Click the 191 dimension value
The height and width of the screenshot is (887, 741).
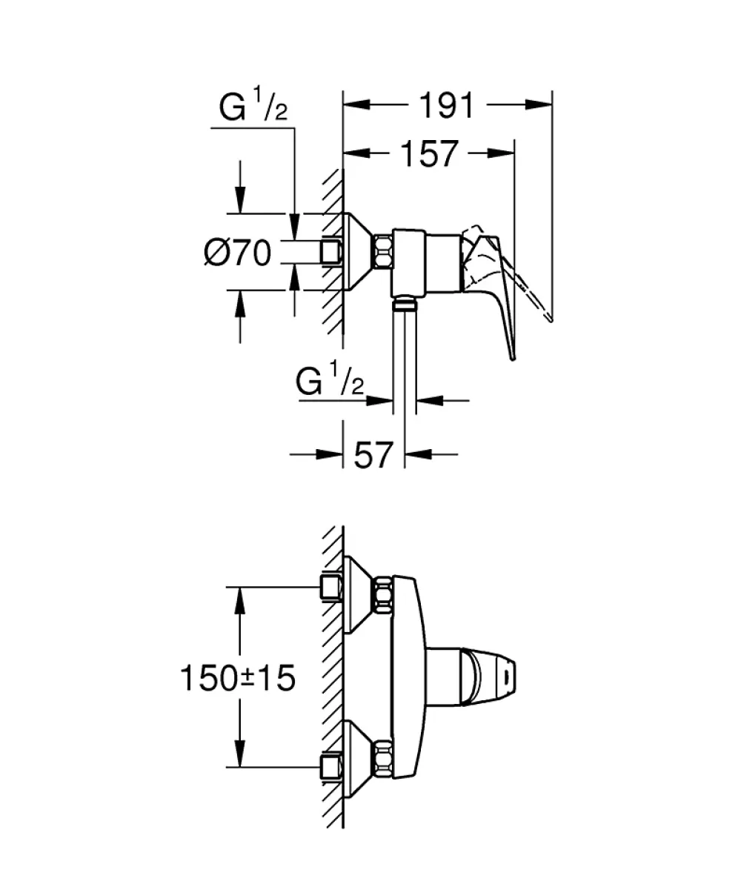446,106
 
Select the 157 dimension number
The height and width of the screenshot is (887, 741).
429,153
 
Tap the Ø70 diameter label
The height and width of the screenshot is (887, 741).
238,252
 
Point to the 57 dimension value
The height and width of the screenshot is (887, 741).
373,454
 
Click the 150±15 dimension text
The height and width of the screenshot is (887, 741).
238,677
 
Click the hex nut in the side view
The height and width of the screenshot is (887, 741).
382,252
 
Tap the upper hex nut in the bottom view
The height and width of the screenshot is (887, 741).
382,596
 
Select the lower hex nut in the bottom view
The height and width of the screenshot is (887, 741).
382,758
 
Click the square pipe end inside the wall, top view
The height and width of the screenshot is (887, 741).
331,252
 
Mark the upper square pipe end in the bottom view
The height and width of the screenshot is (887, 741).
331,587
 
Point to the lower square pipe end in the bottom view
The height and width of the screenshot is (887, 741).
331,766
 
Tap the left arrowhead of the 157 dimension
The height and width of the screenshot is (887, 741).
357,153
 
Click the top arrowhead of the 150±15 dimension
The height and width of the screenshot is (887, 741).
240,601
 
